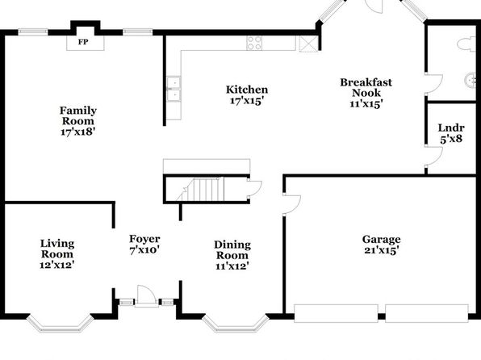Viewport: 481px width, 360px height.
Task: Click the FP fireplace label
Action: (x=83, y=42)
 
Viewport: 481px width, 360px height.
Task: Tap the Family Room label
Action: (x=78, y=115)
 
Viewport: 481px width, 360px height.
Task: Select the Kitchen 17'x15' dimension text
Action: (x=247, y=101)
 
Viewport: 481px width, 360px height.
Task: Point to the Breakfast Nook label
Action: (x=366, y=87)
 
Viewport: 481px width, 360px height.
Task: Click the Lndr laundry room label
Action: (x=451, y=128)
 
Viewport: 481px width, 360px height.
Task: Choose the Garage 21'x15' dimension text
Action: (x=381, y=250)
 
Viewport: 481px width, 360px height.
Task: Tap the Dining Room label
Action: (x=232, y=250)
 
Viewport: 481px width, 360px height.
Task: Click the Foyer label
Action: (x=144, y=239)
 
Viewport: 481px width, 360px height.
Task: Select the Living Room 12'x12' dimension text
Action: (x=57, y=265)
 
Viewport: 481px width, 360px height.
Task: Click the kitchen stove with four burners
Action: (x=254, y=43)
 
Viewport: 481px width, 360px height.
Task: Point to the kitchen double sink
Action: (x=174, y=89)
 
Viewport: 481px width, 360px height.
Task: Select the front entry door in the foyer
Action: (x=147, y=296)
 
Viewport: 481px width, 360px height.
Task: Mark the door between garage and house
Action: (x=291, y=204)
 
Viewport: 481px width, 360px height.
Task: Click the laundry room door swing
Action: (x=434, y=156)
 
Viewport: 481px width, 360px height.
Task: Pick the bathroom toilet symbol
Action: (x=466, y=44)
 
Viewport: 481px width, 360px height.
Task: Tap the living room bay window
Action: (x=60, y=324)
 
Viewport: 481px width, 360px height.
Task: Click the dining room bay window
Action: (x=236, y=324)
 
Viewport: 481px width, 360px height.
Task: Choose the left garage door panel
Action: (x=336, y=313)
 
